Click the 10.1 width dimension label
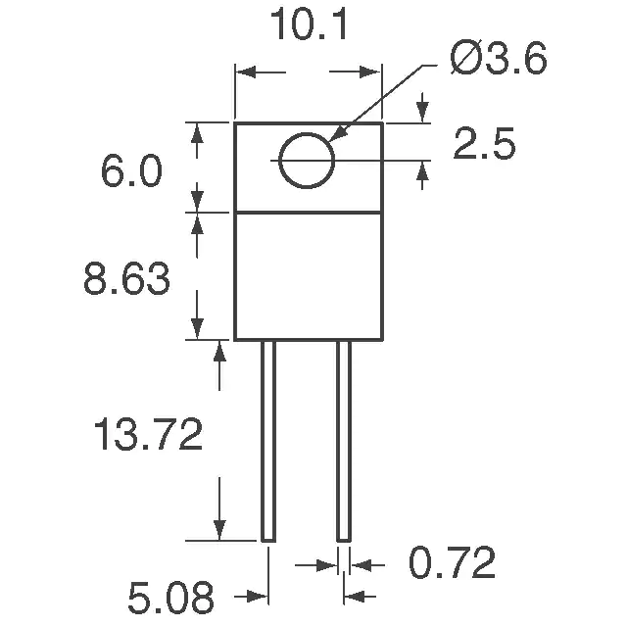pyautogui.click(x=309, y=25)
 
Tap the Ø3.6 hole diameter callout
pyautogui.click(x=499, y=58)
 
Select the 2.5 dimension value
pyautogui.click(x=484, y=144)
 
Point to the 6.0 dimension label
pyautogui.click(x=131, y=171)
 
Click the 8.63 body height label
pyautogui.click(x=126, y=279)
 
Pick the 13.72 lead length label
pyautogui.click(x=148, y=434)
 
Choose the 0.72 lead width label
pyautogui.click(x=452, y=562)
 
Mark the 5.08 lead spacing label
pyautogui.click(x=170, y=599)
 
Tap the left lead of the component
pyautogui.click(x=268, y=441)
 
